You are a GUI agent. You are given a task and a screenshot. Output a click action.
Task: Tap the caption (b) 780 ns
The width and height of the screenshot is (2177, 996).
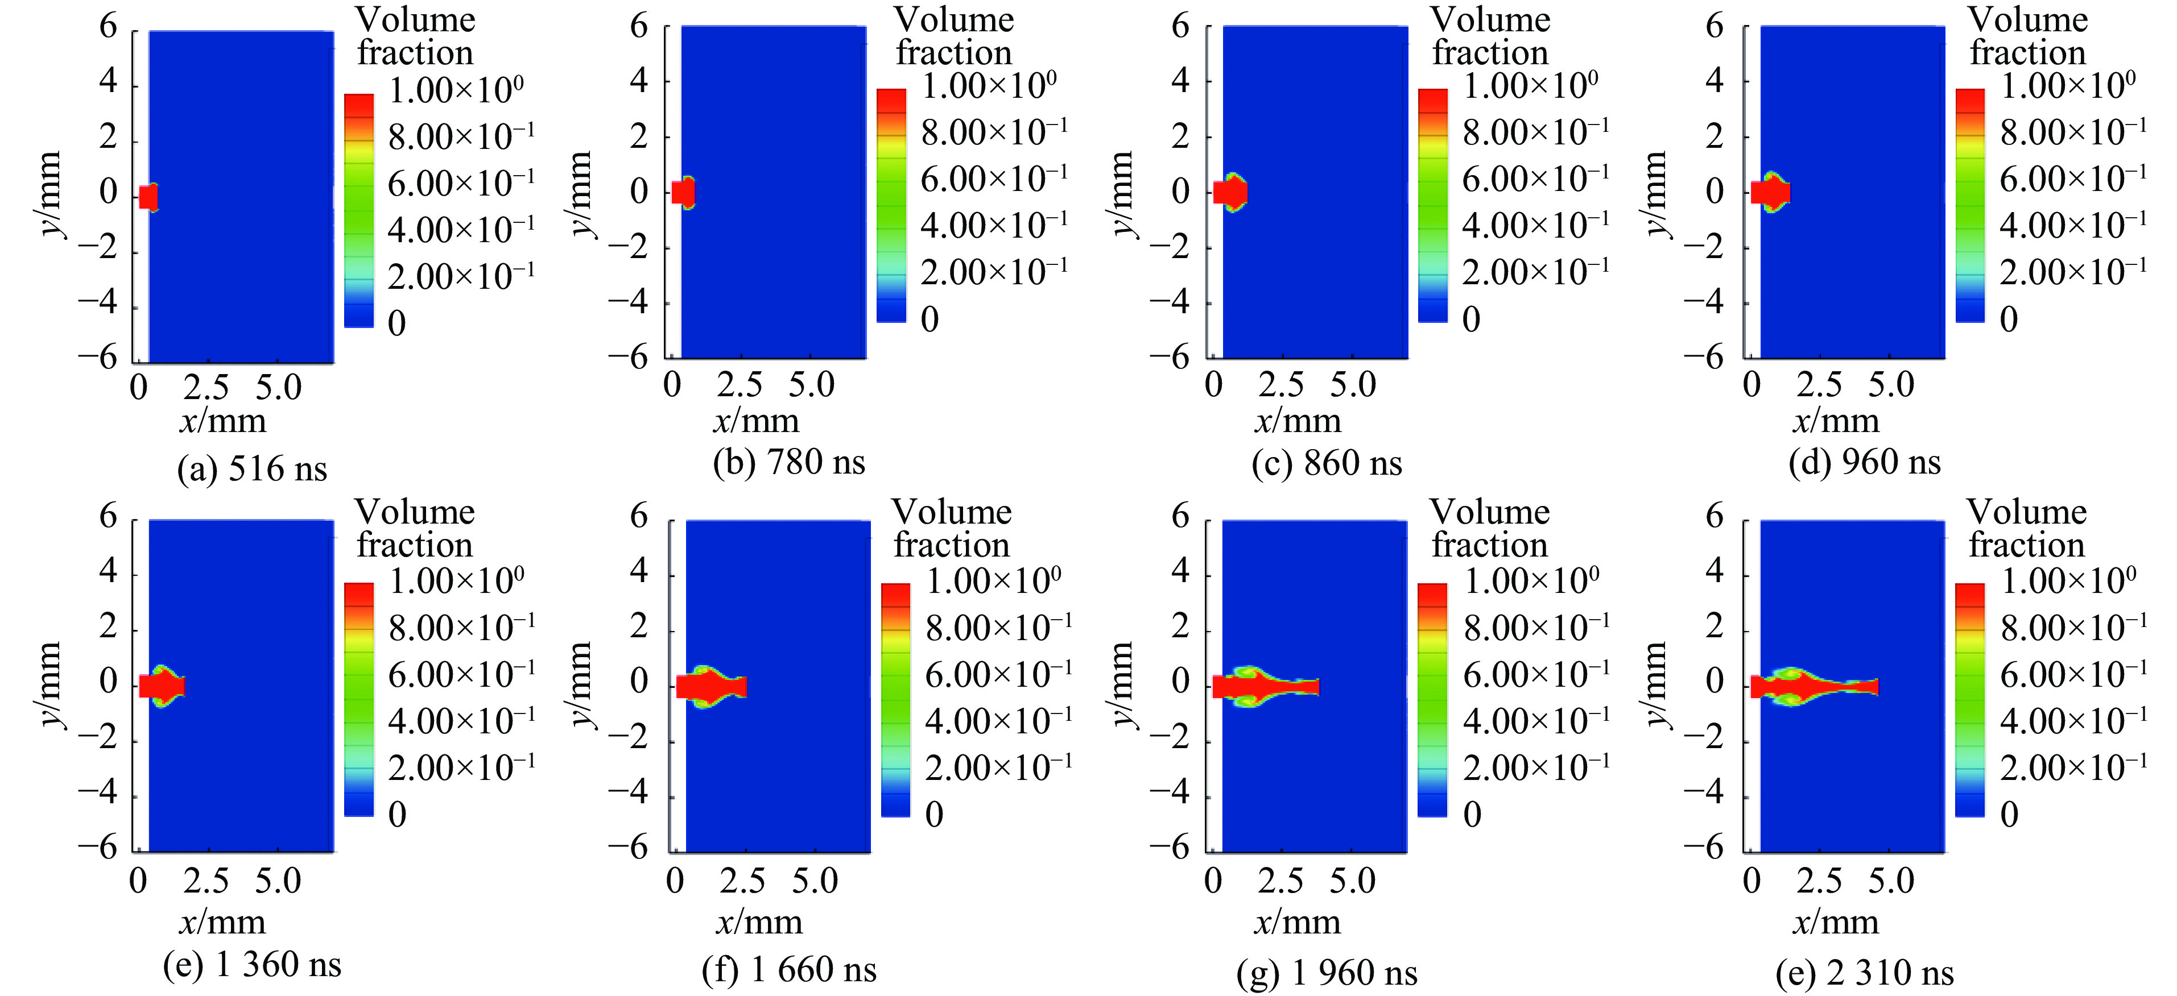(x=790, y=462)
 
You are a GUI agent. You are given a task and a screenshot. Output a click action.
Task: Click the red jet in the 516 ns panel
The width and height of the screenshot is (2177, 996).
(x=148, y=197)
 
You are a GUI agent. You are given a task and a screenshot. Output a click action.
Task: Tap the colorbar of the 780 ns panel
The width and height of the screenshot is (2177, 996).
(x=891, y=205)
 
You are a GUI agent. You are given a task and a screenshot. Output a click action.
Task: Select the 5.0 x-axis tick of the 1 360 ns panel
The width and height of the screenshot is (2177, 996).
(x=278, y=881)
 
